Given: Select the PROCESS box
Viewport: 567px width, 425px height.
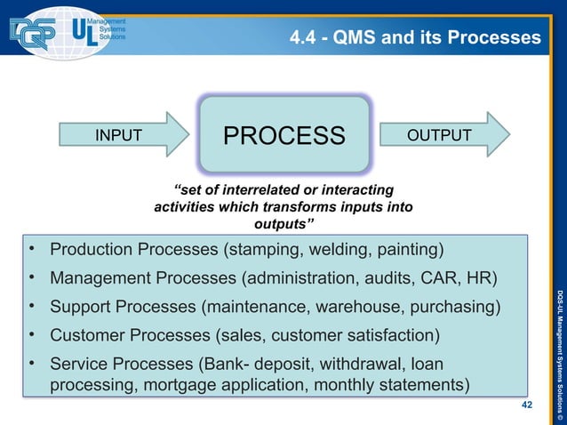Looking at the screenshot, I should (x=283, y=135).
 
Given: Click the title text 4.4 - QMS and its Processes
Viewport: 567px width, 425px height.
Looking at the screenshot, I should (x=414, y=37).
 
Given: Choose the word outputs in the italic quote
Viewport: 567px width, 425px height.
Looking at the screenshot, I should (x=283, y=223).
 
